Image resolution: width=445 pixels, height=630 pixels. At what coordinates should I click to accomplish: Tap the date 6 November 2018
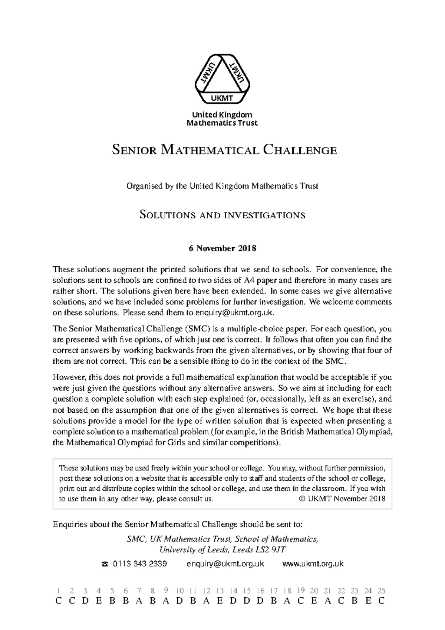click(222, 248)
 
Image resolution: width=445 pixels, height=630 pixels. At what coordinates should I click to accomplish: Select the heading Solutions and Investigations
click(222, 215)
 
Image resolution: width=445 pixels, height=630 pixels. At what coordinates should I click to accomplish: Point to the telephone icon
click(105, 564)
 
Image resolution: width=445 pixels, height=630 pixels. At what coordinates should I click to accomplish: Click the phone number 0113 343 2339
click(140, 564)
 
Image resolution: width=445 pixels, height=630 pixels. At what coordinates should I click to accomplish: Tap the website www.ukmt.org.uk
click(313, 564)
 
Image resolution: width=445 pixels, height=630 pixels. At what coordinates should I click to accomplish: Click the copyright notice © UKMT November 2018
click(342, 499)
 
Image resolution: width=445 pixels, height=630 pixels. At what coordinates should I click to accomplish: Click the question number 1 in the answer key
click(58, 591)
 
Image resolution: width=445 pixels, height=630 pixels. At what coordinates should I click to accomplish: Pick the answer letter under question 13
click(220, 601)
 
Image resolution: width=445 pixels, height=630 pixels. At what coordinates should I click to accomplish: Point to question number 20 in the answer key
click(314, 591)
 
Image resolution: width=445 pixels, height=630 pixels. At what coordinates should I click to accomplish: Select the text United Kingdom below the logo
click(222, 115)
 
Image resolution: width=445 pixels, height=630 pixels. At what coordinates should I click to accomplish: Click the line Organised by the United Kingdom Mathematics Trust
click(222, 186)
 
